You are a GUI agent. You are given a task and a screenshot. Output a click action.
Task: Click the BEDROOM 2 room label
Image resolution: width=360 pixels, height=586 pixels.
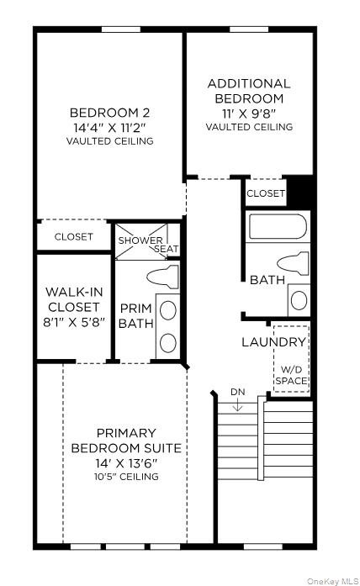(109, 113)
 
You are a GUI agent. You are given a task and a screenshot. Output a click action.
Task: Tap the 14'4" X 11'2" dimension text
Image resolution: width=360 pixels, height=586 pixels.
(109, 128)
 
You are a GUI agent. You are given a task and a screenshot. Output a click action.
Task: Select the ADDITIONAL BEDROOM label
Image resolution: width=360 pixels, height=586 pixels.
(249, 91)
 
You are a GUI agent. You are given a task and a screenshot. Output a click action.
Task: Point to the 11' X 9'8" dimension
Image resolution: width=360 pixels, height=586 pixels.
(249, 113)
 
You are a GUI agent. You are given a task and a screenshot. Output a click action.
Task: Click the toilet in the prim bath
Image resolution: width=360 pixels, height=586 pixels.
(163, 277)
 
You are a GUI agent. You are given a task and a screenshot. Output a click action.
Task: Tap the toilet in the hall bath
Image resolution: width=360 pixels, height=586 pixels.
(294, 263)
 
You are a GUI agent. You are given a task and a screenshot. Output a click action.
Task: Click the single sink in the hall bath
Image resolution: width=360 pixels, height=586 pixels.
(299, 300)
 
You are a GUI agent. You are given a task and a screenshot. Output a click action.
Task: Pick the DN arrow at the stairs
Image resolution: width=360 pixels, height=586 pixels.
(238, 405)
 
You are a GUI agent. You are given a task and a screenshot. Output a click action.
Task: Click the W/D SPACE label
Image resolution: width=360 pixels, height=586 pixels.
(292, 375)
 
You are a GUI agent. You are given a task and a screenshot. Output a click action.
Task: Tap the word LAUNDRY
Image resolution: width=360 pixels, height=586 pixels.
(273, 342)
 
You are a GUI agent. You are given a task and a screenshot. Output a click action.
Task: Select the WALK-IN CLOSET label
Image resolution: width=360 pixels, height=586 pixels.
(74, 299)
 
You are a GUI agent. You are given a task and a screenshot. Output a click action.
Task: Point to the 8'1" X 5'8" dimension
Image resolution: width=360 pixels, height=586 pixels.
(74, 322)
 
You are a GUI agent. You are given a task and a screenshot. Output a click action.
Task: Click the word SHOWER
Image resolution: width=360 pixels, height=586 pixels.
(140, 240)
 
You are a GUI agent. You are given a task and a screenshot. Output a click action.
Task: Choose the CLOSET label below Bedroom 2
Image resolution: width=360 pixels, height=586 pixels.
(74, 236)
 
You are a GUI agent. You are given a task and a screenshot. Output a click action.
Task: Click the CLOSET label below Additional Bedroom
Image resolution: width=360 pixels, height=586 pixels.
(266, 193)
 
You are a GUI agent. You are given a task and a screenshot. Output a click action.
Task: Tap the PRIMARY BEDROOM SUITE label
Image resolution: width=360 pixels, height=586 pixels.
(126, 441)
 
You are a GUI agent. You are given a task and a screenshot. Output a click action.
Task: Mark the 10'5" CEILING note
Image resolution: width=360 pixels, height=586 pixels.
(126, 477)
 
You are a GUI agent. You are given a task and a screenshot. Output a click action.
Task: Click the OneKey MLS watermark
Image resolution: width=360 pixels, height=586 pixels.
(332, 581)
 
